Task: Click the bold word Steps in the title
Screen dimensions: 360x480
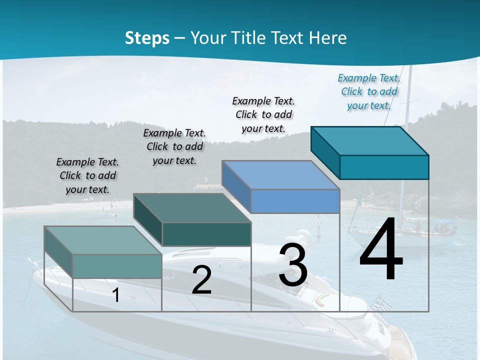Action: [147, 38]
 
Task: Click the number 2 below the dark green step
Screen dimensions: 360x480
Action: [201, 280]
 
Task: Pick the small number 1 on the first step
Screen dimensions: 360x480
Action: [116, 295]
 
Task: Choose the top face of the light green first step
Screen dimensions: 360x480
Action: [103, 240]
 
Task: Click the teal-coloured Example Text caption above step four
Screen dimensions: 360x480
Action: [369, 91]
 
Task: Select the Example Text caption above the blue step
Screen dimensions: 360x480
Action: [263, 114]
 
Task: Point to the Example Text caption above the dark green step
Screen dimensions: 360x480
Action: [174, 146]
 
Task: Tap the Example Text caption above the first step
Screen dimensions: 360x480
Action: [87, 175]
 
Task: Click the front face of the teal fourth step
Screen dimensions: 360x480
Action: [384, 167]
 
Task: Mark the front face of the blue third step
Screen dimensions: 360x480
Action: [295, 201]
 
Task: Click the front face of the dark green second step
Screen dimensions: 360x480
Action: [206, 234]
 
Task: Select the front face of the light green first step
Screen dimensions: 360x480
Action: [117, 266]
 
